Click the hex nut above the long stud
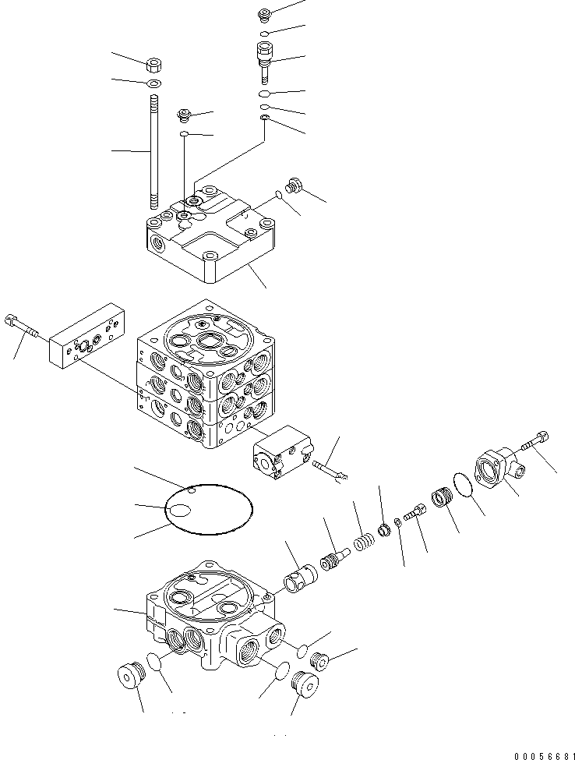click(x=153, y=63)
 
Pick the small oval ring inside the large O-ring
click(x=181, y=511)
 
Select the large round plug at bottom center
click(x=304, y=685)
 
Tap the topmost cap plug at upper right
click(x=263, y=13)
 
